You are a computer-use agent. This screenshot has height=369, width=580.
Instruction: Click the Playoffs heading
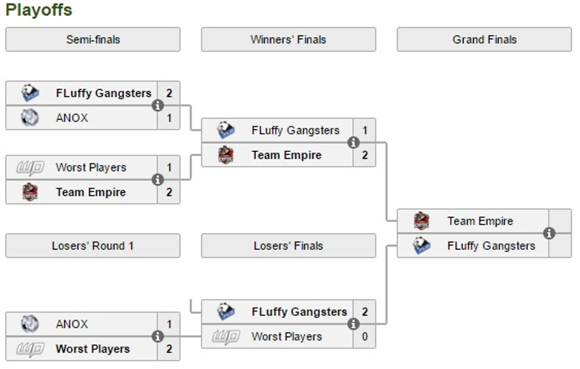39,10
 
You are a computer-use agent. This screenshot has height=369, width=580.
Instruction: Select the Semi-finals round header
93,39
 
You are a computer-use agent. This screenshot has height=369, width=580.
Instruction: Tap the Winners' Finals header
288,39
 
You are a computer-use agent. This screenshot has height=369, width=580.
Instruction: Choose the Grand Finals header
484,39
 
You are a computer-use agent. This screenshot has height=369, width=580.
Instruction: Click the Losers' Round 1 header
93,246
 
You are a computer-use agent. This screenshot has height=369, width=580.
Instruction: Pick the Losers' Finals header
288,246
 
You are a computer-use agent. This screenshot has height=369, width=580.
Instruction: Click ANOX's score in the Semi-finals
169,118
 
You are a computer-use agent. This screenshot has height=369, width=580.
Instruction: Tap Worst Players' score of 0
365,336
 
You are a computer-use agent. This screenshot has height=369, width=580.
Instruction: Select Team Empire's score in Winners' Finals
365,155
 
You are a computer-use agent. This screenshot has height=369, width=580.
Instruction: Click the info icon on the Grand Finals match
549,233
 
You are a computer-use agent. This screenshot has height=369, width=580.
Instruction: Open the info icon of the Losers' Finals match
353,324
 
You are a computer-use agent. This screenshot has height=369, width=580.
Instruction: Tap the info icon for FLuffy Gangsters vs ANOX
158,105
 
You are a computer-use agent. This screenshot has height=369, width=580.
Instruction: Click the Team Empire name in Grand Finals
480,221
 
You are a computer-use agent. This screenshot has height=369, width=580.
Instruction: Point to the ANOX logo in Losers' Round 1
30,324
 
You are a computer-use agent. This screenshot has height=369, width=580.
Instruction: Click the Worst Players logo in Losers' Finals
226,337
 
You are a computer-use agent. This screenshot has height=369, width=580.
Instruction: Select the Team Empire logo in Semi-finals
30,192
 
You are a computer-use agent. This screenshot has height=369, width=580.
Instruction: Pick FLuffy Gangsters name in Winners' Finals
296,130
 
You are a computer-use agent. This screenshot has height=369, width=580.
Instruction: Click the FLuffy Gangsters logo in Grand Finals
421,246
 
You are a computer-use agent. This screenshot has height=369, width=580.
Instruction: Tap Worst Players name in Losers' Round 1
93,349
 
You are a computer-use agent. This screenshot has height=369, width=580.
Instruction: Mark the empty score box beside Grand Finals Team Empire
560,221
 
